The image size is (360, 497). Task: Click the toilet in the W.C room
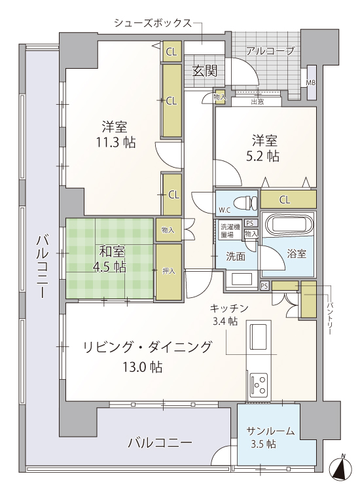245,203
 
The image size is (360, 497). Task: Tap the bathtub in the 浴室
289,226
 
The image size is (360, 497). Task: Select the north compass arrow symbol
341,468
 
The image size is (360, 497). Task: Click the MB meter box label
310,83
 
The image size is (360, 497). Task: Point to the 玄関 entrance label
205,71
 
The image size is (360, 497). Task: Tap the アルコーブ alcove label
270,50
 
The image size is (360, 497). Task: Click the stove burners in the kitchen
259,385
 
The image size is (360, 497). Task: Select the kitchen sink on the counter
259,336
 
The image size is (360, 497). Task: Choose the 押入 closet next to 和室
169,271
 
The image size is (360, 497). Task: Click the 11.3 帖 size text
116,143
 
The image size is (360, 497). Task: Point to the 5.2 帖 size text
262,156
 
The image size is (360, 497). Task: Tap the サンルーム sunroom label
270,432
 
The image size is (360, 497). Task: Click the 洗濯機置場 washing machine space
230,230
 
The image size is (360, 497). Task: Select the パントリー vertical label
330,319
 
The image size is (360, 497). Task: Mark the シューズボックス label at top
153,23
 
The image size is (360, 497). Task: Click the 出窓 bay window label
257,101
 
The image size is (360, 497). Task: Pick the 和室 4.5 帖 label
110,259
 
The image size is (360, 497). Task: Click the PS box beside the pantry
264,286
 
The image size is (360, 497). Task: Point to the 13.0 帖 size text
143,367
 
